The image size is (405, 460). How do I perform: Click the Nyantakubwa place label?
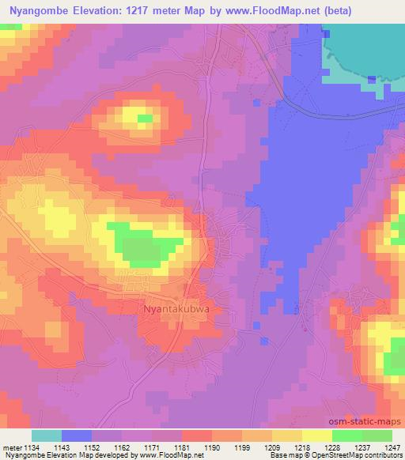click(x=176, y=309)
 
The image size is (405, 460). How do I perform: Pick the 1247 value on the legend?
click(x=390, y=447)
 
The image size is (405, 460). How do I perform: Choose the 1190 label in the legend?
click(x=211, y=447)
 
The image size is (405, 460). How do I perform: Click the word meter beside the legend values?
click(x=12, y=447)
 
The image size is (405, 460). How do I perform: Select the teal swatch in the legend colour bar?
click(x=47, y=435)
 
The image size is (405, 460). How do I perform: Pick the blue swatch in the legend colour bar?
click(x=77, y=435)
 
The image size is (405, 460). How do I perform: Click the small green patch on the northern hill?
click(x=145, y=120)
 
